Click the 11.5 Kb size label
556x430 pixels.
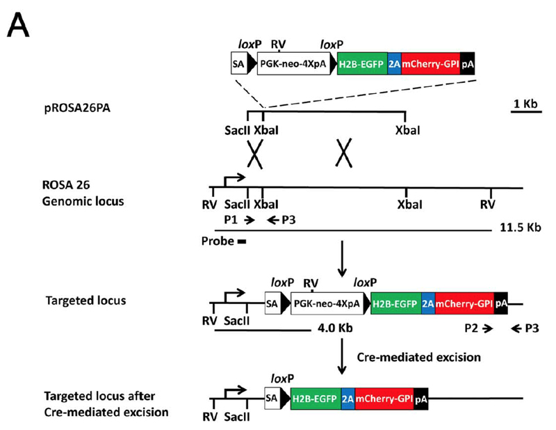click(x=520, y=228)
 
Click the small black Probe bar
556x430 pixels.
click(x=241, y=242)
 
